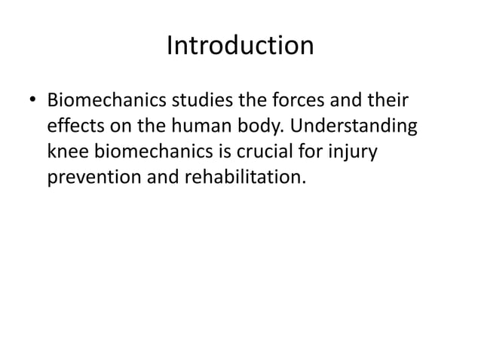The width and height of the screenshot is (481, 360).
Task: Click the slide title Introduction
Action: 240,47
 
